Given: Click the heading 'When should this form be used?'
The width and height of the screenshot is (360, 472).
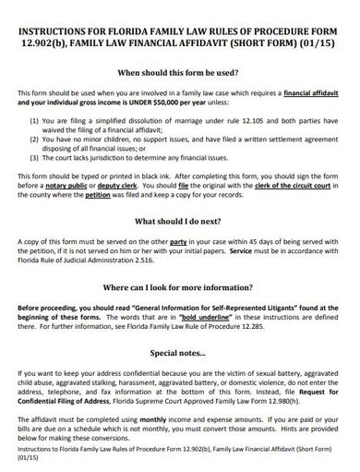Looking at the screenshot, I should (179, 72).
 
